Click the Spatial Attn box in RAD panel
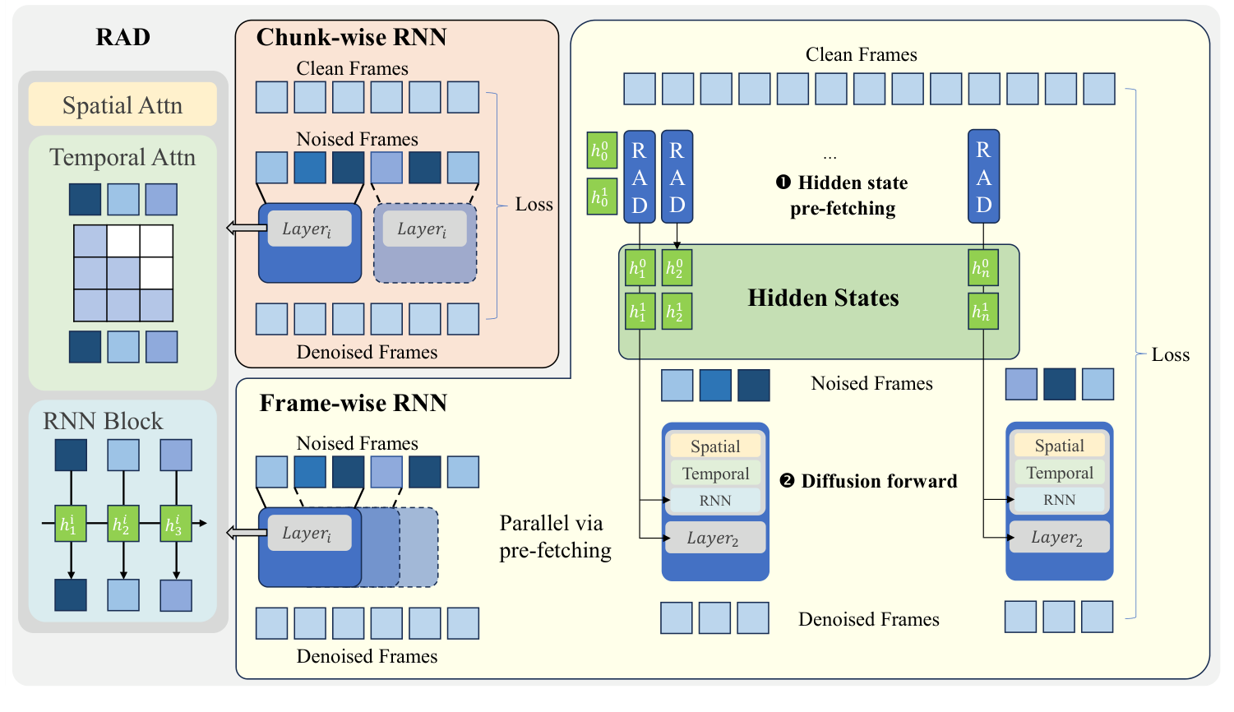coord(122,105)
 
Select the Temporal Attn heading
coord(122,157)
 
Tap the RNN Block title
coord(103,421)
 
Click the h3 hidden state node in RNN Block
coord(176,524)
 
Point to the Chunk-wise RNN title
coord(351,37)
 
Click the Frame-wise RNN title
coord(353,403)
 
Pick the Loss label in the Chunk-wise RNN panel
coord(534,205)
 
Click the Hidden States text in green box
coord(823,298)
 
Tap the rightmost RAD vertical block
coord(983,176)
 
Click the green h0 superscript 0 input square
coord(602,150)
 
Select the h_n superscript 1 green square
coord(983,312)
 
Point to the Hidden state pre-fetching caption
coord(843,195)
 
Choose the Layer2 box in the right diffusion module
coord(1059,538)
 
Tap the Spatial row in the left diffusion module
coord(715,446)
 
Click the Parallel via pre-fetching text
coord(555,536)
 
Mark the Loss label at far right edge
coord(1170,354)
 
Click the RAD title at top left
coord(122,37)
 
